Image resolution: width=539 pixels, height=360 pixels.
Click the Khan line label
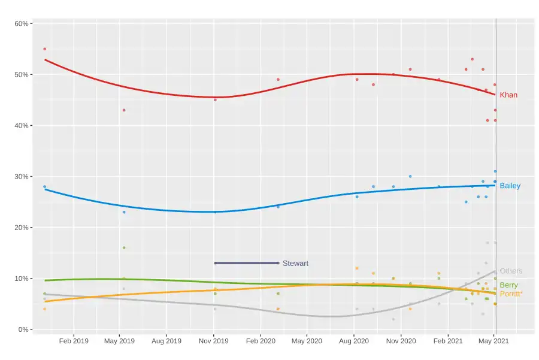[x=508, y=95]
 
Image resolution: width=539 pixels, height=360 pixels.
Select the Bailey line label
[x=510, y=186]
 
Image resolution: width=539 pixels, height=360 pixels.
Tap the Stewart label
[x=295, y=264]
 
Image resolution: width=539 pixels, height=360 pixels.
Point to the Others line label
[x=511, y=271]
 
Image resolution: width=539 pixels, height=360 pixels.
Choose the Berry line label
[x=508, y=285]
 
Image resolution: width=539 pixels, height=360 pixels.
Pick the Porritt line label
[x=511, y=294]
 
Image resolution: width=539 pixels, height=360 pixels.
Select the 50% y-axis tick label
[x=22, y=74]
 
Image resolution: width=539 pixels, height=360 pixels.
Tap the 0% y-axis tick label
[x=23, y=329]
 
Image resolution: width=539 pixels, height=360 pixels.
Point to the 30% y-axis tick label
[x=22, y=177]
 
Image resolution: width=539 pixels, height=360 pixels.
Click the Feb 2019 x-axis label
[x=74, y=341]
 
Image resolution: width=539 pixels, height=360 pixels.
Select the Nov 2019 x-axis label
[x=214, y=341]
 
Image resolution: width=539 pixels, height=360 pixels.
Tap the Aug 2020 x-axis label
[x=354, y=341]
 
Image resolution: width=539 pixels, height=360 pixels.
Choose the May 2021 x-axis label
[x=494, y=341]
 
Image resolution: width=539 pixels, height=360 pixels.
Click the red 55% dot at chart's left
[x=45, y=49]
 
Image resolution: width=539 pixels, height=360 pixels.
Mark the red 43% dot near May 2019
[x=124, y=110]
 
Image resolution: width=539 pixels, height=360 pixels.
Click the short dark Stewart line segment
[x=246, y=263]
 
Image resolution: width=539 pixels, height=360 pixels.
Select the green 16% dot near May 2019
[x=124, y=248]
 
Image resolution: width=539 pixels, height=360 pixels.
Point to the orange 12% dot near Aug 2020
[x=357, y=268]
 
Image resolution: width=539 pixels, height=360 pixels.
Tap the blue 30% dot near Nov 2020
[x=410, y=176]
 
